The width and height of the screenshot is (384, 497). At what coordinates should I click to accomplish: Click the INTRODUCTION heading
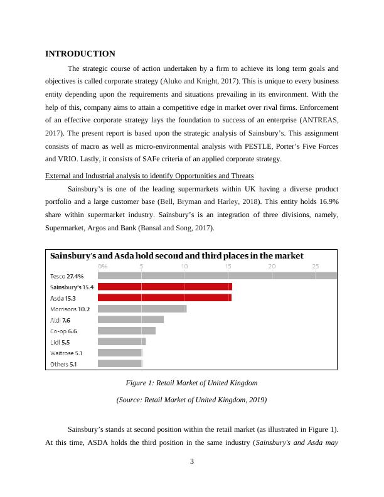coord(80,54)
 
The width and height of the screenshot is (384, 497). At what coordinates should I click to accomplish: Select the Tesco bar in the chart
coord(217,275)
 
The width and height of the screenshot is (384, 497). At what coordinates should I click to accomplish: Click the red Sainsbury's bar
coord(165,287)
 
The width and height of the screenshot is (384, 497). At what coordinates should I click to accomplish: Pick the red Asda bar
coord(164,297)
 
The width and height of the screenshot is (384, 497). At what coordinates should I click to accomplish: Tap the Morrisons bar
coord(142,309)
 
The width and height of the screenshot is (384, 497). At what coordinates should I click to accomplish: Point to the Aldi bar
coord(131,319)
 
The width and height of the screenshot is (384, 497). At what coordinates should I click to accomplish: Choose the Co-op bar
coord(127,331)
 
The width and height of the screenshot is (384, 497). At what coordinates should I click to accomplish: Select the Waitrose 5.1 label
coord(66,353)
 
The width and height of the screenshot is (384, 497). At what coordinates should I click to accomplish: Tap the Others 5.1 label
coord(63,364)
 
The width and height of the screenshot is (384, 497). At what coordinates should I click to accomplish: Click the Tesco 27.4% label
coord(67,276)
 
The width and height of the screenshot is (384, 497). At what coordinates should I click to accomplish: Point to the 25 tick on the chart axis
coord(315,266)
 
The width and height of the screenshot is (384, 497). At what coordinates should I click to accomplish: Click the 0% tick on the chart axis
coord(103,266)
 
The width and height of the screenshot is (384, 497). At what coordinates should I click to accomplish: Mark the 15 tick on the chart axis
coord(228,266)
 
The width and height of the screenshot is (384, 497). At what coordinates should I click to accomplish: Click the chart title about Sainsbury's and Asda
coord(176,256)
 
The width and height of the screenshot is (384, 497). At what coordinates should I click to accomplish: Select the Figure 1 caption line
coord(191,383)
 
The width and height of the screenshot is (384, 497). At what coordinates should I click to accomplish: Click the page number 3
coord(192,462)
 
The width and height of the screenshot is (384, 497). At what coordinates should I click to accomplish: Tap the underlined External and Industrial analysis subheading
coord(149,176)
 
